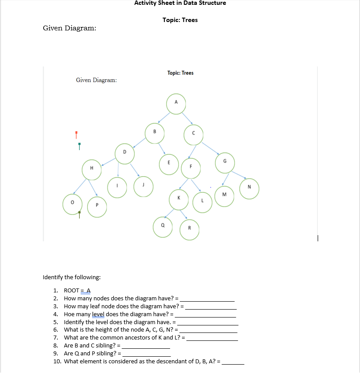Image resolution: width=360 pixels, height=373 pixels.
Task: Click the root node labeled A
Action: point(176,103)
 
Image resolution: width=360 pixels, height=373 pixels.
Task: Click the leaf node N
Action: point(249,188)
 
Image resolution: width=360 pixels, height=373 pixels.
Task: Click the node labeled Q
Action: point(163,226)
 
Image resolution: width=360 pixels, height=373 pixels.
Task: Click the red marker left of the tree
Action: point(76,133)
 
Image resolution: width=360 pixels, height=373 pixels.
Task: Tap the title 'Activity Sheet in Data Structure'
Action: point(180,3)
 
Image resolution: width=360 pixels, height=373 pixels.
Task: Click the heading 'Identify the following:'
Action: point(71,277)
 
